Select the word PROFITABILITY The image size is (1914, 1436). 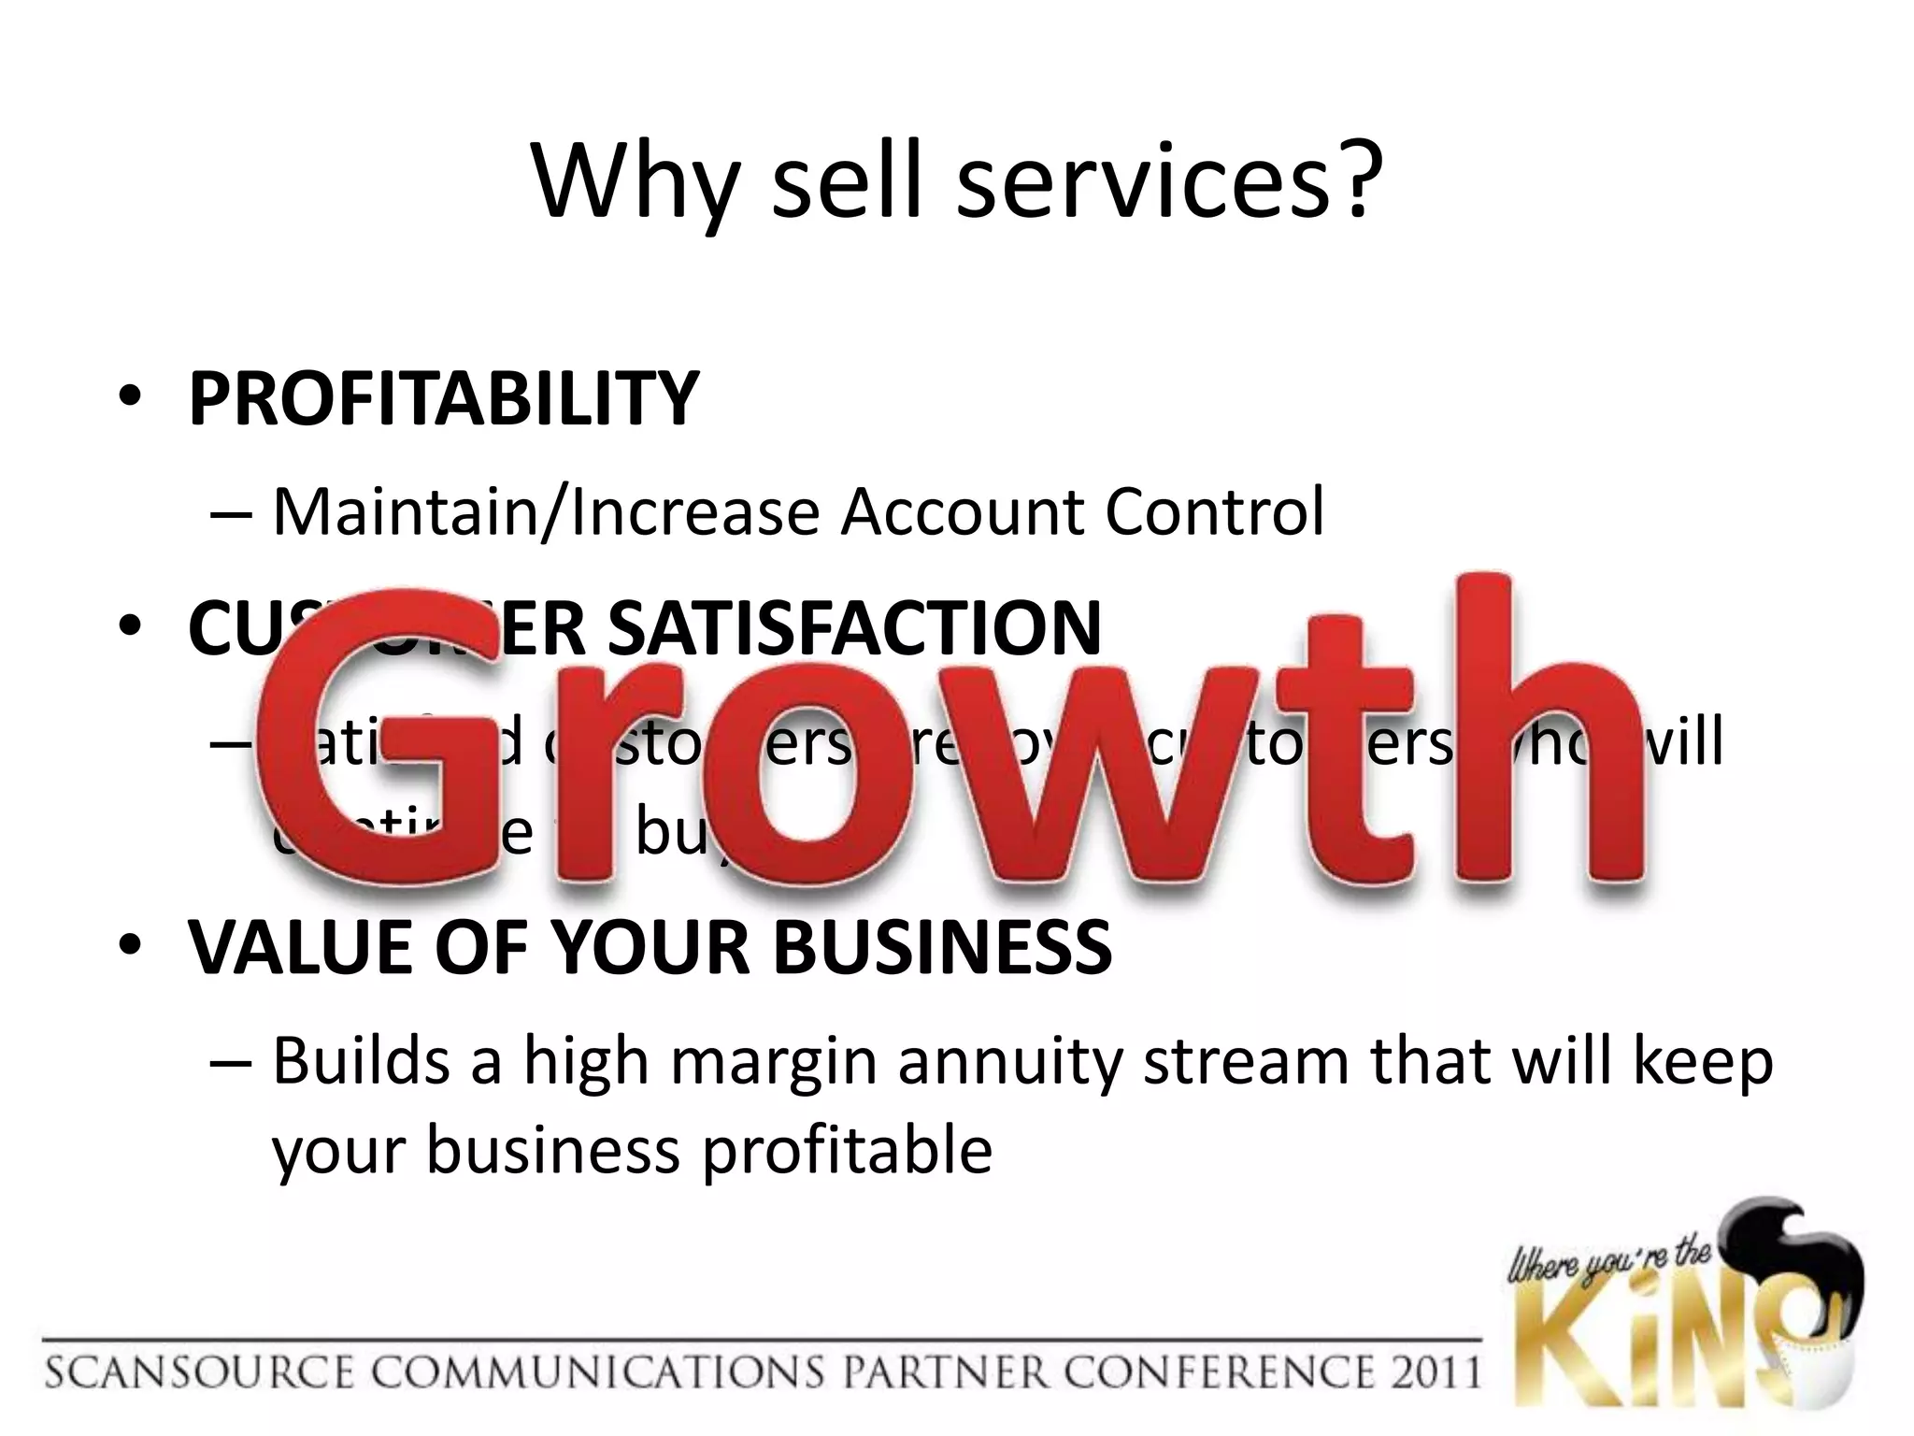pyautogui.click(x=443, y=399)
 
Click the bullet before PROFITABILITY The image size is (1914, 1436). pyautogui.click(x=130, y=398)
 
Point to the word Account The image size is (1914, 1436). pyautogui.click(x=962, y=512)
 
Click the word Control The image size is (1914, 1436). pyautogui.click(x=1214, y=512)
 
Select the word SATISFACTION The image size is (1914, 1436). pyautogui.click(x=854, y=628)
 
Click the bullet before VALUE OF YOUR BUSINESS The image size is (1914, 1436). pyautogui.click(x=130, y=946)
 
